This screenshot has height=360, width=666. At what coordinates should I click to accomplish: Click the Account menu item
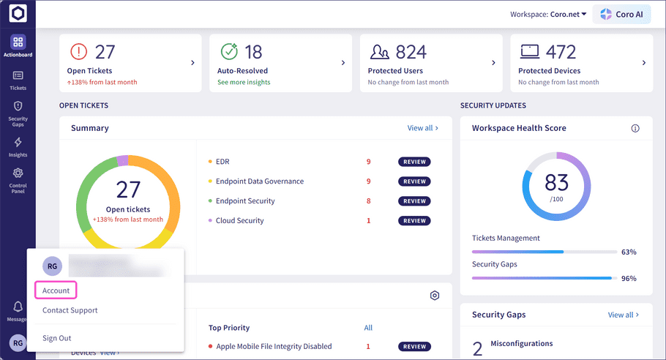click(x=56, y=290)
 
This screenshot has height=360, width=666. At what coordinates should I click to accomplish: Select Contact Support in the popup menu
click(x=70, y=310)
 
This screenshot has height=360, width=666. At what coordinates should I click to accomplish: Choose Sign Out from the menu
click(x=56, y=338)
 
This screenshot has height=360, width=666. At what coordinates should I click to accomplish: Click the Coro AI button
click(x=621, y=15)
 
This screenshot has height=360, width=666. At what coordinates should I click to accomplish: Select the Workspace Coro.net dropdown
click(x=548, y=15)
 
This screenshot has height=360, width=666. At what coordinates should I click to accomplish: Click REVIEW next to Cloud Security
click(x=414, y=221)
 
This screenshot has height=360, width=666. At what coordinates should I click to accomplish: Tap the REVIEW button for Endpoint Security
click(x=414, y=201)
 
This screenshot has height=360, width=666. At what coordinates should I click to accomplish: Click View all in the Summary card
click(x=422, y=128)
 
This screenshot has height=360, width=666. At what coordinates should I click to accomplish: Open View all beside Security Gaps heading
click(x=623, y=315)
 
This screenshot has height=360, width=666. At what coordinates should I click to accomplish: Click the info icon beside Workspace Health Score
click(x=635, y=128)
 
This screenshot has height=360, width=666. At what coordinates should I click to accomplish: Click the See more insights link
click(x=244, y=82)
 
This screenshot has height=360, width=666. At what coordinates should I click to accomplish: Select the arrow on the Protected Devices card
click(x=644, y=63)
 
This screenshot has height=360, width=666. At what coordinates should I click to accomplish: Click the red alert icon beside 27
click(x=78, y=52)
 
